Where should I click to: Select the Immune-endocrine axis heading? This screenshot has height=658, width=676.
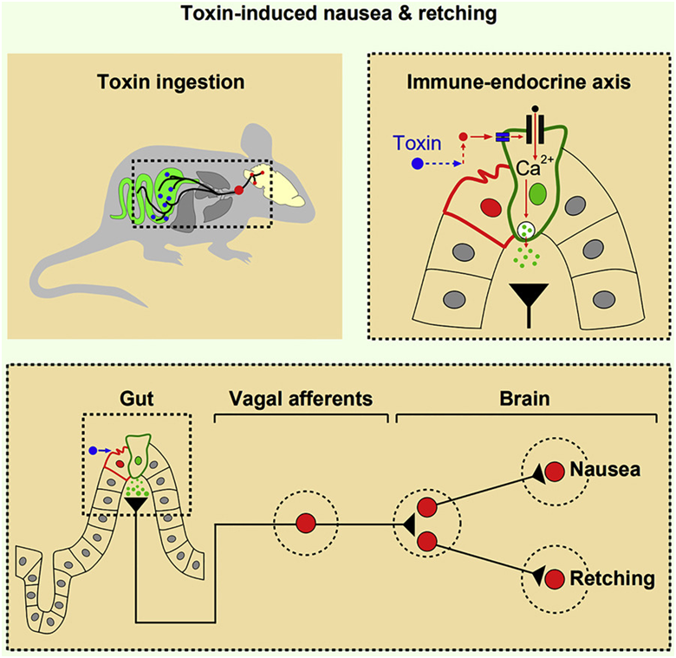pos(517,83)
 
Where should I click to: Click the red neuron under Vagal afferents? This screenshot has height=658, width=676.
pos(305,524)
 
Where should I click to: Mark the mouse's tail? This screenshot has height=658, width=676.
pos(69,269)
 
